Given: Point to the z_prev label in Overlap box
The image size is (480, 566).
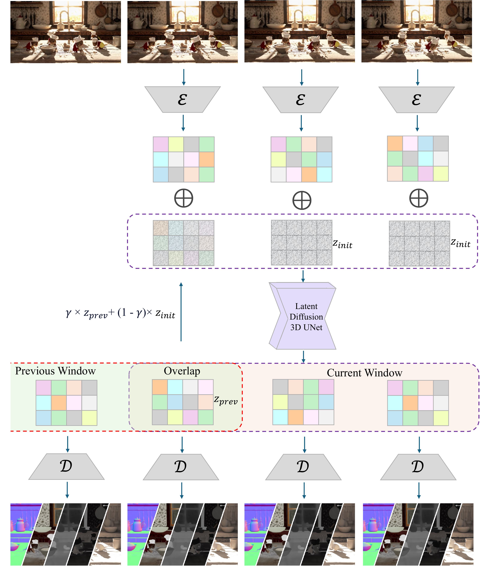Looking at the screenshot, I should click(x=226, y=400).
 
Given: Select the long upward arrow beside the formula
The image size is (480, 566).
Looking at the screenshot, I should click(x=181, y=312).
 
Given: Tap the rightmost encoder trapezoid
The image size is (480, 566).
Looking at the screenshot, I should click(x=417, y=100).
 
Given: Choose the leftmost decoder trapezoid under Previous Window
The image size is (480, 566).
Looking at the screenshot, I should click(x=66, y=466).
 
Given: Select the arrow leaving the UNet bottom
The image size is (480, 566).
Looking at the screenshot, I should click(x=303, y=357).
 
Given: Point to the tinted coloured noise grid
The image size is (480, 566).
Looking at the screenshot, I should click(x=183, y=243).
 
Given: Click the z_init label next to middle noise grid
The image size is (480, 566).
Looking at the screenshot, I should click(x=342, y=244).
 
